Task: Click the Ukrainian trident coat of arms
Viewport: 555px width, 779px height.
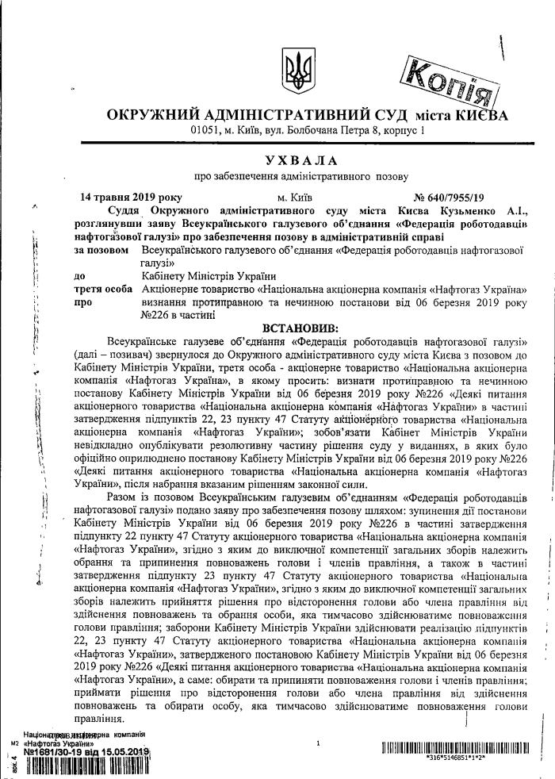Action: [x=298, y=72]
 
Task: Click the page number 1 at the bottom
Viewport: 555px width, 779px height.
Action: [x=317, y=744]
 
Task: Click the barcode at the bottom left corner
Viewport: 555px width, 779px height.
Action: [x=87, y=766]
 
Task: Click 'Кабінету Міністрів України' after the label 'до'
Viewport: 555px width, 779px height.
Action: [x=199, y=275]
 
